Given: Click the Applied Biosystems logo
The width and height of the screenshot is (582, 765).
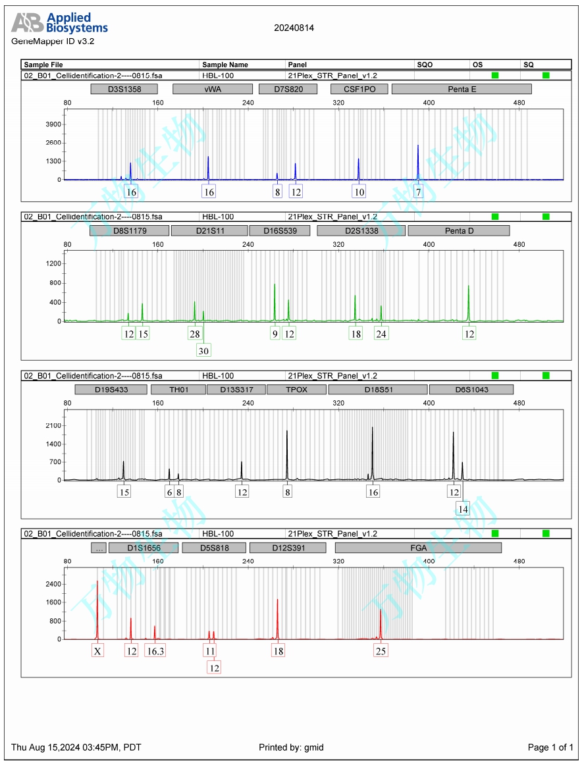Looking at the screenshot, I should coord(59,23).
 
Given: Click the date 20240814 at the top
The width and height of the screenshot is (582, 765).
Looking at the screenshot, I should coord(294,28).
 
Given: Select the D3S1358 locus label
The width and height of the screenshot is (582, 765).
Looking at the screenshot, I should coord(124,89).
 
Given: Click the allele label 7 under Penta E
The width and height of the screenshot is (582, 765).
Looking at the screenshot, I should coord(418,192).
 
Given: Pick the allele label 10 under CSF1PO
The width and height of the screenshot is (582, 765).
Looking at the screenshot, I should coord(359,192).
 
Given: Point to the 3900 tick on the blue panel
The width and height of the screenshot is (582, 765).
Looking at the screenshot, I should coord(53,124).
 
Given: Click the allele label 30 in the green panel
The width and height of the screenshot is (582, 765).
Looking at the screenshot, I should coord(204,351).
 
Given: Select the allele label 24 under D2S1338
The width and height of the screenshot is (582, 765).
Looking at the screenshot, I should coord(381,334).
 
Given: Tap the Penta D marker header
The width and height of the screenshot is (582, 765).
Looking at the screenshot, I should coord(459,230).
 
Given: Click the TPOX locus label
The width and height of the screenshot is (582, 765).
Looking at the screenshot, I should coord(296,389).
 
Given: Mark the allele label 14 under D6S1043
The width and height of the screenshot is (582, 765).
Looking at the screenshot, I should coord(463,509).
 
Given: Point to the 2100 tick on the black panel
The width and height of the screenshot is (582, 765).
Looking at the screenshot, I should coord(53,425).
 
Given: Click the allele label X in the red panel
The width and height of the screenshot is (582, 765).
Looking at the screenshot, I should coord(97,651).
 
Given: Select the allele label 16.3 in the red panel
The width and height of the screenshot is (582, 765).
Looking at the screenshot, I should coord(155,651).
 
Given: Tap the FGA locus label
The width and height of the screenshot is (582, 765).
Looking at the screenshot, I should coord(418,548).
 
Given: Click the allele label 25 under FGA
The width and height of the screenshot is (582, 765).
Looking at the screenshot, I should coord(381,651).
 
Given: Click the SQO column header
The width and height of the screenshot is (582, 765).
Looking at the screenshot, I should coord(425,65).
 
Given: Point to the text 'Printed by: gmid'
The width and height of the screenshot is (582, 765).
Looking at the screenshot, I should coord(291,747).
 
